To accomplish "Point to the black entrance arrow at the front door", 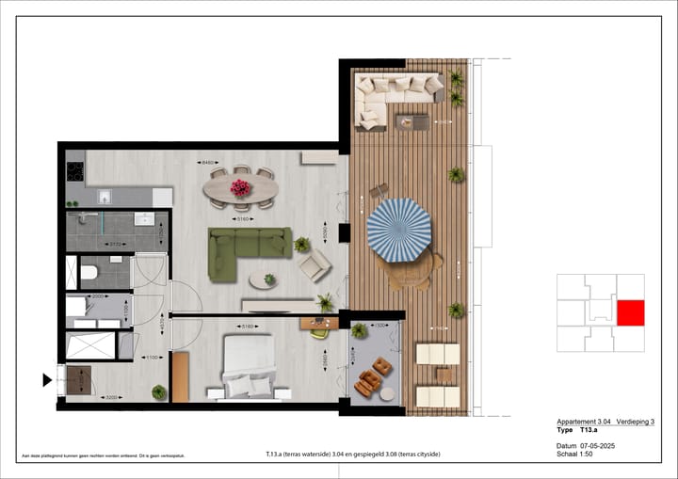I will click(46, 380).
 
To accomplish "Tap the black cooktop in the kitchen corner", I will click(74, 173).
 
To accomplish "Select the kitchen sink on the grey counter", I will click(105, 197).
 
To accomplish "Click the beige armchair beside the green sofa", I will click(315, 266).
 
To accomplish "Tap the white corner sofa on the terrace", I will click(395, 92).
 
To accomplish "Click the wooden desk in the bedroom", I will click(319, 324).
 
